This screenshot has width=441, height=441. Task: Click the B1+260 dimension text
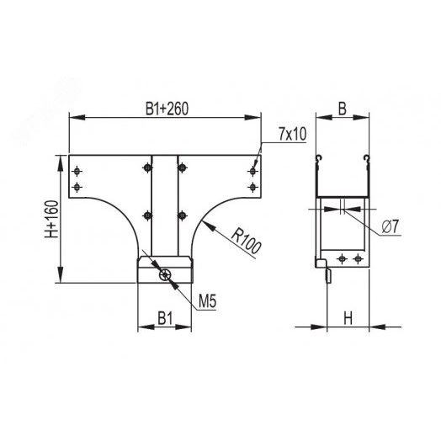tap(165, 109)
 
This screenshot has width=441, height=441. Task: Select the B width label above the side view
tap(343, 108)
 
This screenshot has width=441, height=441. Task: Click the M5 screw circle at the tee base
tap(166, 274)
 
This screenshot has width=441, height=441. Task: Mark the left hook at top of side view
tap(319, 158)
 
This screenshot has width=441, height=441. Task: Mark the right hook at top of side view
tap(366, 158)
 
